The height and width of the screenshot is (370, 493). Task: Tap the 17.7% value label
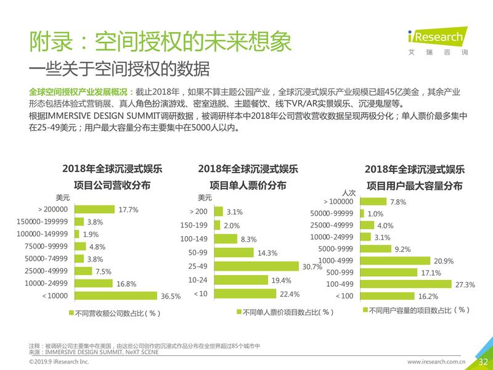pos(128,210)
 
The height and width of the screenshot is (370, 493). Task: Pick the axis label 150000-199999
pos(43,222)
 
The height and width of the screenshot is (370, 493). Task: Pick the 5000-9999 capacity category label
pos(336,249)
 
